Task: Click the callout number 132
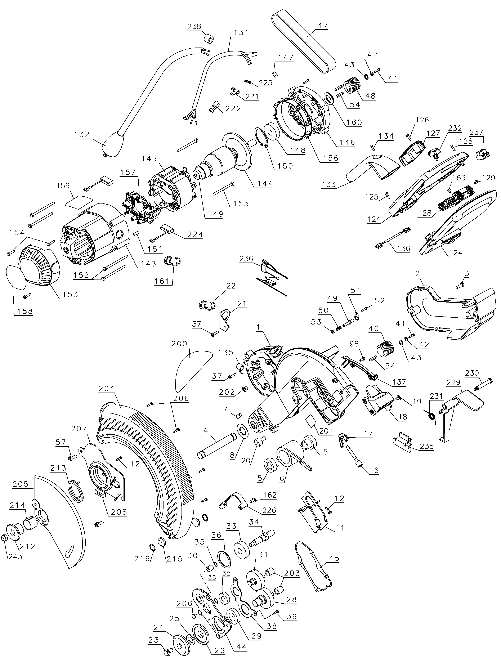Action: tap(82, 134)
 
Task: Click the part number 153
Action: tap(70, 294)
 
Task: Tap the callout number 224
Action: tap(195, 234)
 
